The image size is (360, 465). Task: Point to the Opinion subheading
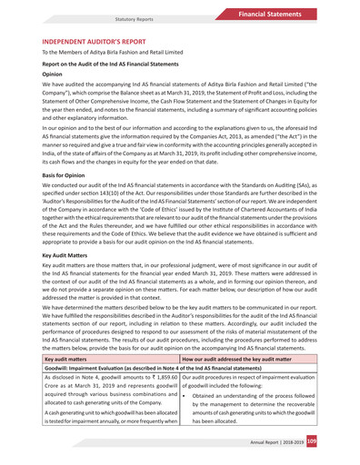click(56, 77)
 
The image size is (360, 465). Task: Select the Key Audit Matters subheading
click(70, 257)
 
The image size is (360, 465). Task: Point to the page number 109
click(336, 441)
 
